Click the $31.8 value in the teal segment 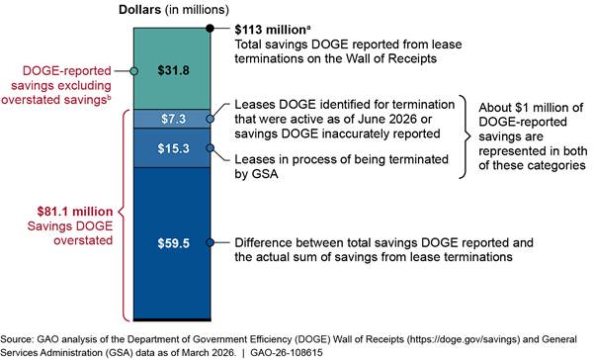point(174,70)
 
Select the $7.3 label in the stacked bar point(174,119)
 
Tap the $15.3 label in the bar point(174,148)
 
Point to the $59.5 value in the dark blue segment point(174,243)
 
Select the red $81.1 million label point(75,212)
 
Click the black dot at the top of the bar point(210,28)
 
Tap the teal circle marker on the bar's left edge point(133,71)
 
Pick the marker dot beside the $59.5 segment point(211,242)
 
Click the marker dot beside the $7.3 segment point(211,119)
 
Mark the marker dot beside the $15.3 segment point(211,148)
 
